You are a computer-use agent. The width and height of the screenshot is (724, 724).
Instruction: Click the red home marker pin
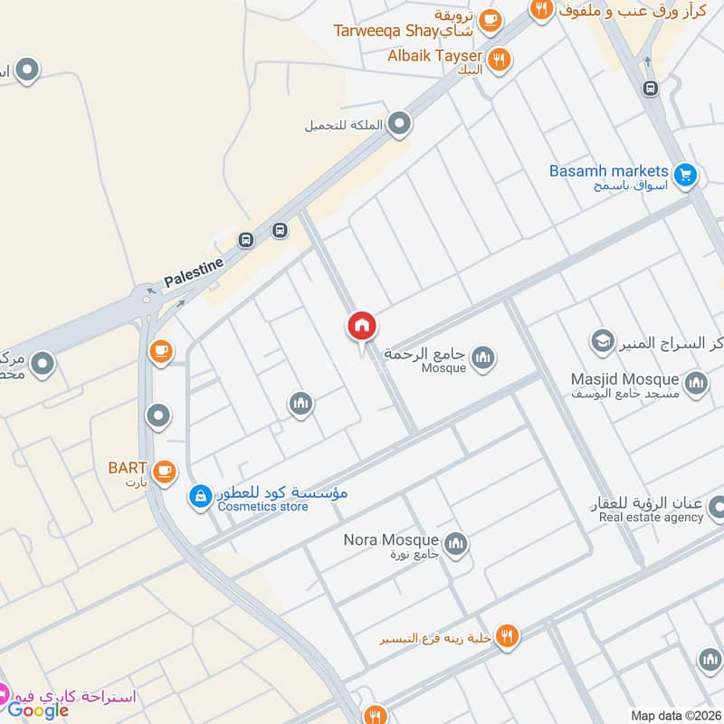362,326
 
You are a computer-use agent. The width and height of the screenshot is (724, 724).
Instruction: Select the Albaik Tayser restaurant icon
499,60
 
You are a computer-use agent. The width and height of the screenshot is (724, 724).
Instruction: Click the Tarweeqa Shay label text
386,30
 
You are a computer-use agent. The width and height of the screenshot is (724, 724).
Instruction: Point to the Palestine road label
193,273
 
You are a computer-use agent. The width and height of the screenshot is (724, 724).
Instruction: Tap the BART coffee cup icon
164,470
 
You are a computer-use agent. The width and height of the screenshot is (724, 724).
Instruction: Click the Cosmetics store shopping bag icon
200,496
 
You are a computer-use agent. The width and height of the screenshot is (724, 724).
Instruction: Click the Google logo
39,710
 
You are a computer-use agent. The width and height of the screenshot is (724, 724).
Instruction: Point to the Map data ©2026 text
673,716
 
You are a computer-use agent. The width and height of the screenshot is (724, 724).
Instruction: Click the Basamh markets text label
608,171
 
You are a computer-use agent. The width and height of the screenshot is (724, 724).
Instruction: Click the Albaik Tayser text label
433,56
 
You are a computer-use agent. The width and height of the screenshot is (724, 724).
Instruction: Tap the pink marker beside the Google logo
3,695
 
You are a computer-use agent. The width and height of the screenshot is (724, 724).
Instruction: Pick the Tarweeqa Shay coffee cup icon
490,19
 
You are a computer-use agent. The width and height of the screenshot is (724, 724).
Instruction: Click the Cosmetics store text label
262,507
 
